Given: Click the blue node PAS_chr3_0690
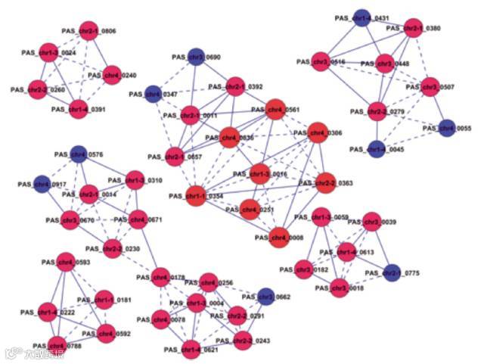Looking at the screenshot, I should click(x=196, y=56).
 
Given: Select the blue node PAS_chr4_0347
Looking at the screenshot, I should click(x=154, y=93).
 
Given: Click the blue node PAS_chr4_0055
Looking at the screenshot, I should click(x=447, y=128).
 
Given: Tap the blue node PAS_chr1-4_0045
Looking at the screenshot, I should click(x=375, y=148).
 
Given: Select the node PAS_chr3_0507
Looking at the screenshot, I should click(x=430, y=86).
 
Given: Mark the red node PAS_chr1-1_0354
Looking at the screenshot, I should click(x=195, y=195).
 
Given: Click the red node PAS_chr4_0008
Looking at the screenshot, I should click(x=278, y=237).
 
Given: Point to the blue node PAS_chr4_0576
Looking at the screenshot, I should click(x=78, y=154).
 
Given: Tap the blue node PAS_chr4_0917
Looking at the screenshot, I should click(x=42, y=183).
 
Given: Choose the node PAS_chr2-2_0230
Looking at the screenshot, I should click(x=112, y=247).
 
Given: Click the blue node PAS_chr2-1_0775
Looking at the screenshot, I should click(x=392, y=272).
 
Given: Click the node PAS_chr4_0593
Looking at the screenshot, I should click(x=66, y=262).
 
